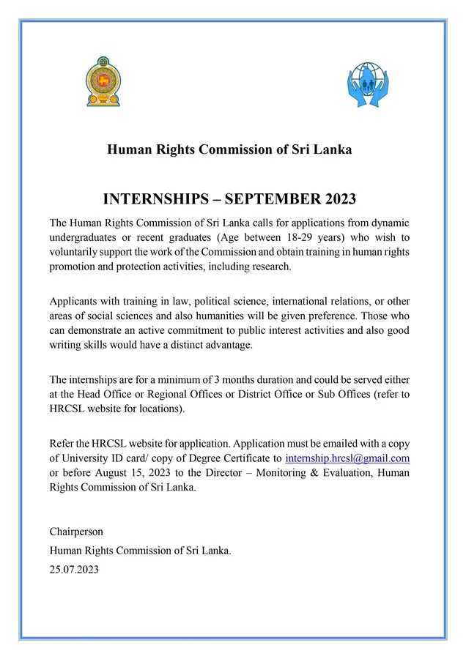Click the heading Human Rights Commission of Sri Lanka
[x=229, y=149]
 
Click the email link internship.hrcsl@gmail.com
[x=347, y=458]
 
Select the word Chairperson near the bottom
[x=76, y=531]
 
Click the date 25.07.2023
[x=74, y=568]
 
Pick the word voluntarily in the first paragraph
[x=75, y=252]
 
